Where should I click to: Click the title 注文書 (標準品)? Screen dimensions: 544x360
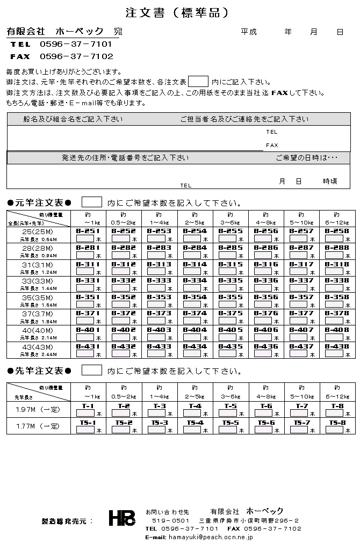coord(177,12)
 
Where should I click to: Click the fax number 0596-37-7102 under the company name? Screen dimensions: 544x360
coord(76,56)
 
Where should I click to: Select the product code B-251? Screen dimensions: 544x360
coord(88,231)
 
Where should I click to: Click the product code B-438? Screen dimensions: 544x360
coord(337,346)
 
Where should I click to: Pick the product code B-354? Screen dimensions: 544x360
coord(195,297)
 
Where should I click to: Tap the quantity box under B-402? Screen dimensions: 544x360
coord(120,338)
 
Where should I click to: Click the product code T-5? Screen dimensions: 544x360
coord(231,406)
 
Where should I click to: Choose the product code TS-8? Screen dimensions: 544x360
coord(337,423)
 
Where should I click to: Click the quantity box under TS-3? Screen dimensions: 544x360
coord(156,430)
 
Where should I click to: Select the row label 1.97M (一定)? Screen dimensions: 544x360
coord(38,410)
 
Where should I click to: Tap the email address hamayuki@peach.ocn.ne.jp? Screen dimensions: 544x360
coord(211,537)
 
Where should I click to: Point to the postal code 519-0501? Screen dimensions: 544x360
coord(170,520)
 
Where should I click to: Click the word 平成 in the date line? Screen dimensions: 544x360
coord(249,32)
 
